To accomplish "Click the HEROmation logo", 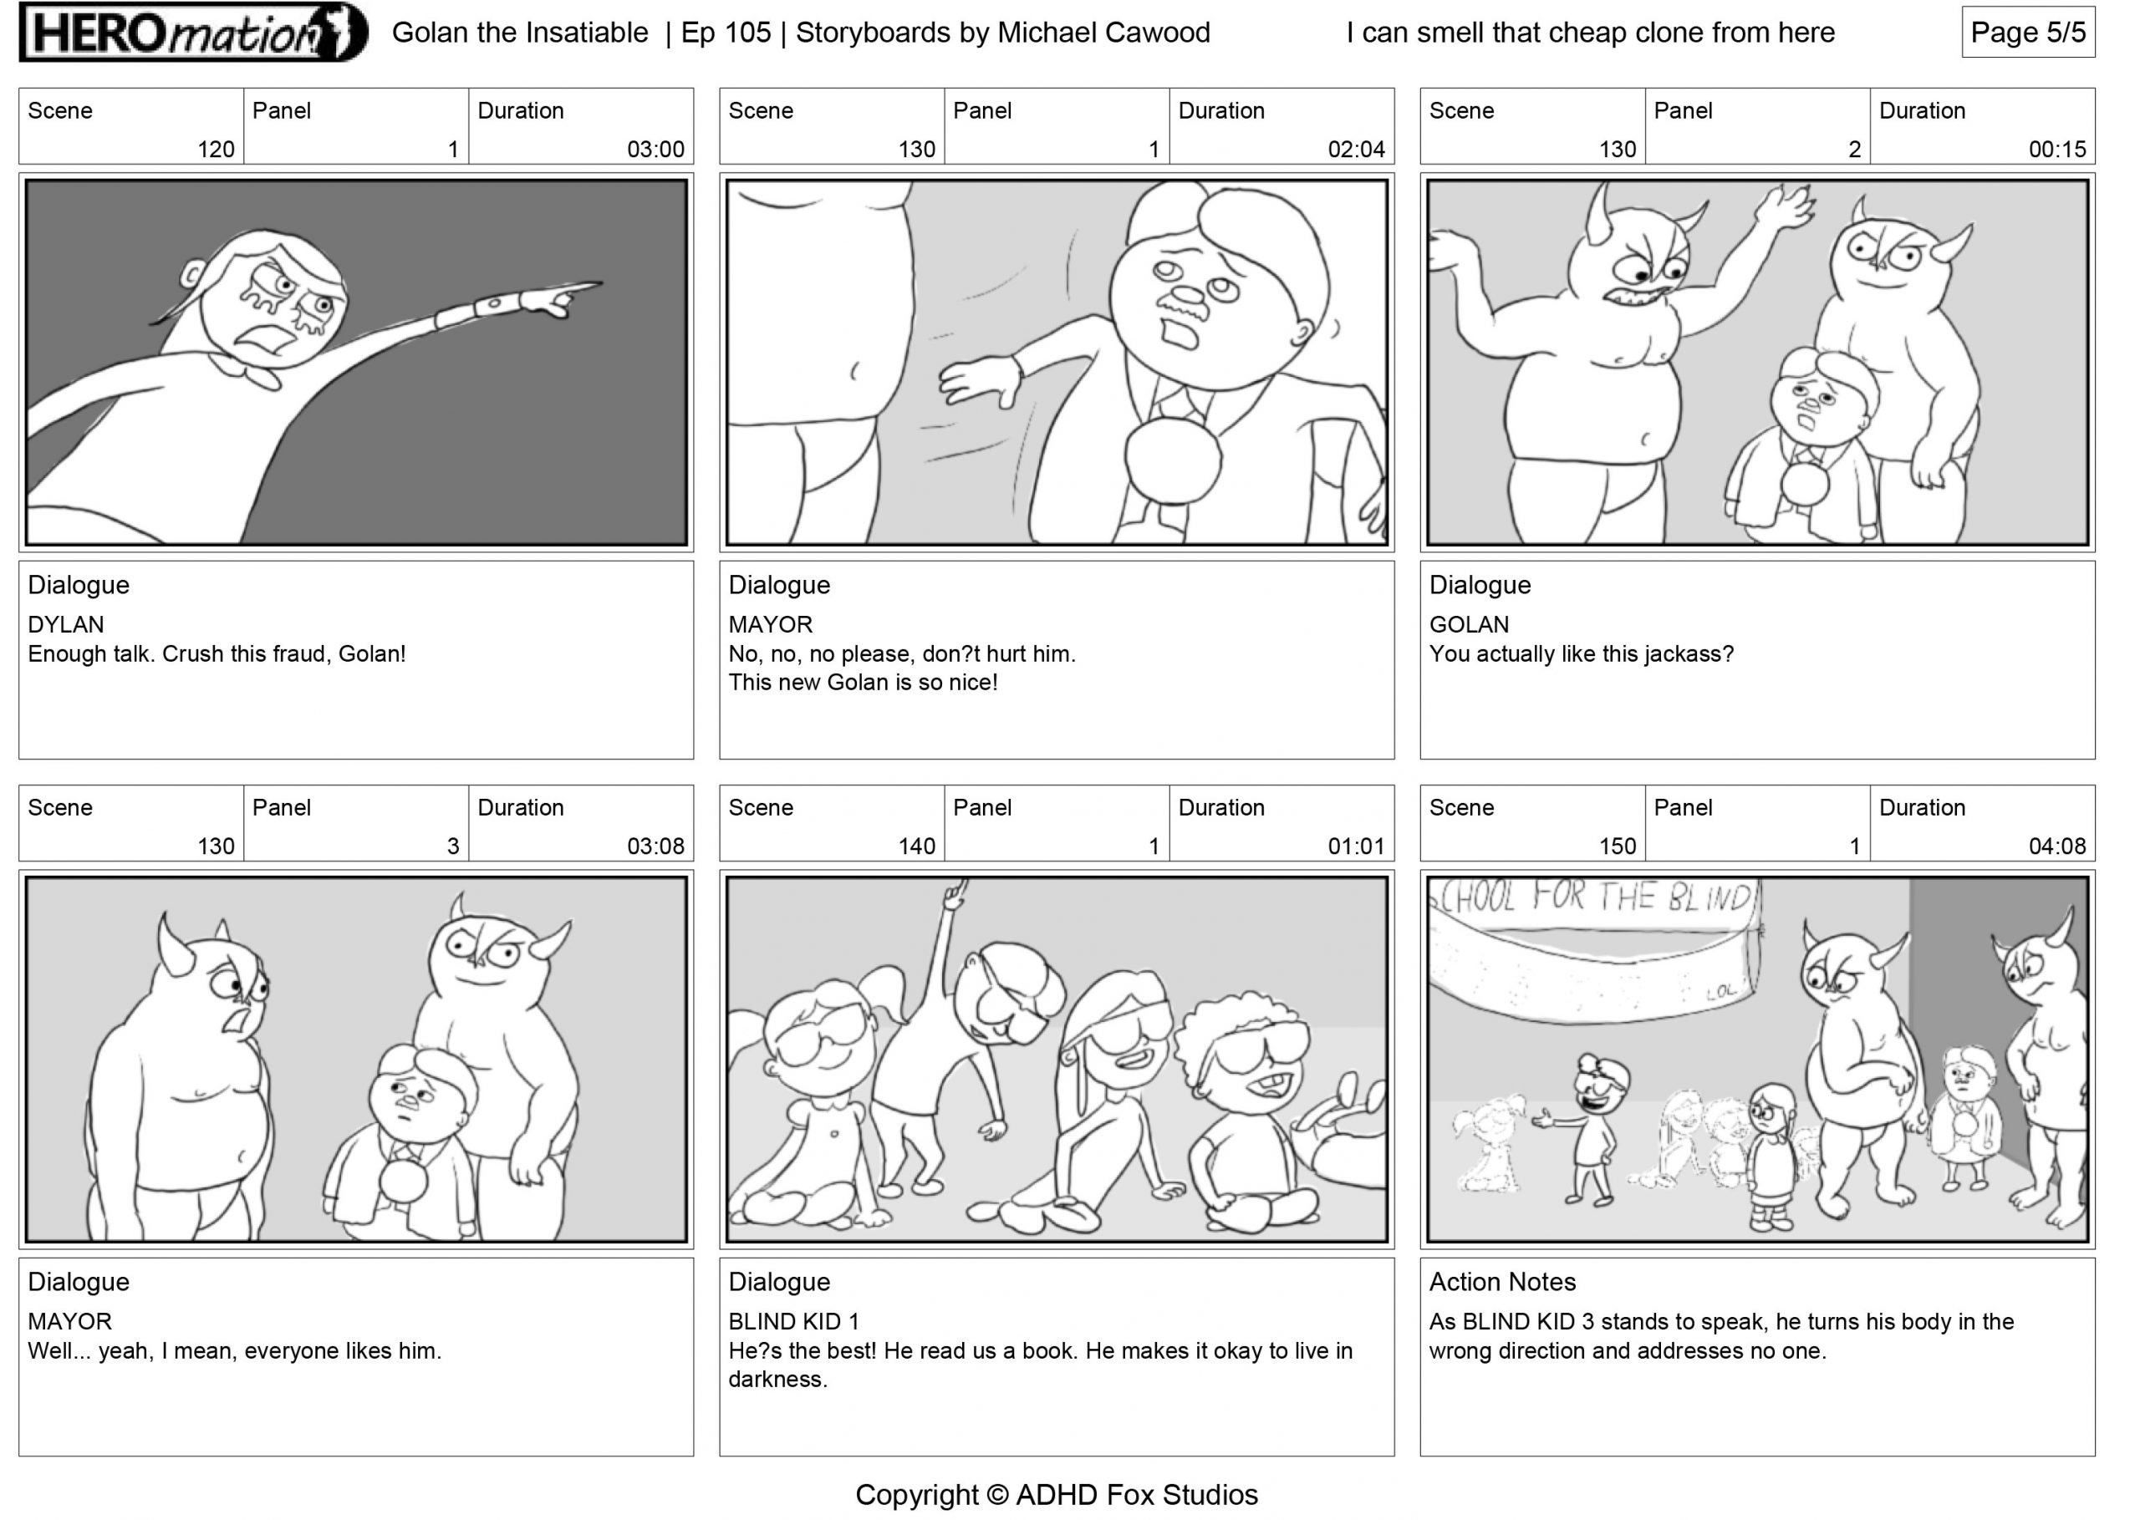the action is (x=194, y=33).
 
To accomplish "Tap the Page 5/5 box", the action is (x=2028, y=33).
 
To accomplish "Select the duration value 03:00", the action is (x=655, y=149).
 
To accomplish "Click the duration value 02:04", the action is (x=1356, y=149).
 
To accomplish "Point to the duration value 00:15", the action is (x=2056, y=149).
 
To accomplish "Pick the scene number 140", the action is (x=916, y=846).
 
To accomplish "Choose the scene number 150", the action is (x=1617, y=846).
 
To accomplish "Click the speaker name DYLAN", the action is (x=65, y=624).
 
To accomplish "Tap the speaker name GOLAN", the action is (x=1469, y=624).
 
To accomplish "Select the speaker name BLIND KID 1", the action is (x=794, y=1322).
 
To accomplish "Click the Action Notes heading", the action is (x=1501, y=1281).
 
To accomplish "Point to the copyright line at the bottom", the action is (x=1056, y=1495).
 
